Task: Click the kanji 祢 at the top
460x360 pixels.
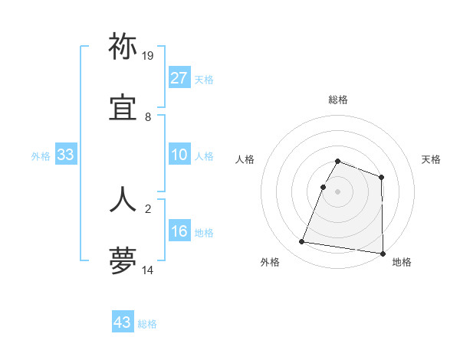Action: [123, 47]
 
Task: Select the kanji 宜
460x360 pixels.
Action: [123, 110]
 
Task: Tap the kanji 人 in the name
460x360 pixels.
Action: [123, 198]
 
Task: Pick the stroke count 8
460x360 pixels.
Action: [148, 117]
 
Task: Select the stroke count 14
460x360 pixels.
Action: [148, 270]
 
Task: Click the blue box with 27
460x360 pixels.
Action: [179, 78]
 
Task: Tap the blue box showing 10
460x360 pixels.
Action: [179, 155]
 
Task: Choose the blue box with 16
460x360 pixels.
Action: [179, 232]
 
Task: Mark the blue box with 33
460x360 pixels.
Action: [66, 155]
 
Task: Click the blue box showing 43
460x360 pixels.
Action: [123, 322]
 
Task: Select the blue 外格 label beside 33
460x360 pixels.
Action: [41, 156]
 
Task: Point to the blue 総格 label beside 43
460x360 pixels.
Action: [147, 324]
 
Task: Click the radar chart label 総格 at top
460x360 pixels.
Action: [338, 100]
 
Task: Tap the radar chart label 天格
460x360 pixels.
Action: [431, 159]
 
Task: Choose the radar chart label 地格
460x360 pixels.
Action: [402, 262]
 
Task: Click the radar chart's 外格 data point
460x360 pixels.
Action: [302, 242]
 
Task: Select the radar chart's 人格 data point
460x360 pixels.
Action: [324, 187]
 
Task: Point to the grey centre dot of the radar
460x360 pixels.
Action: [338, 191]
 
